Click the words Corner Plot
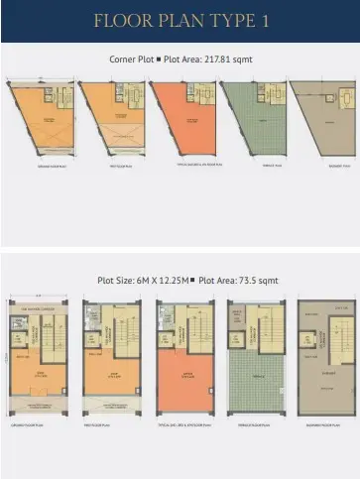(x=130, y=60)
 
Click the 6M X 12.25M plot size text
(x=156, y=280)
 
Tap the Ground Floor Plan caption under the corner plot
(x=42, y=180)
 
